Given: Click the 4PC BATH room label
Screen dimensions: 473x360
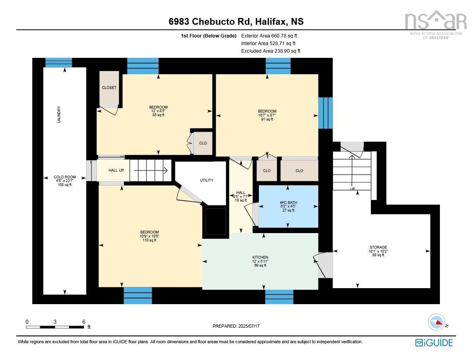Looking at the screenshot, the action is click(x=288, y=202).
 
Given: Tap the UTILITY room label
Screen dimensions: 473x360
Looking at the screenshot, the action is click(x=207, y=180).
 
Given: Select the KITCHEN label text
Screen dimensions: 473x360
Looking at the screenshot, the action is click(x=260, y=257).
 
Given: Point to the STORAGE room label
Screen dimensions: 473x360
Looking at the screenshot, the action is click(x=378, y=247).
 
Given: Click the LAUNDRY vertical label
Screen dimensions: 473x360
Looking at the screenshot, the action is click(x=59, y=115).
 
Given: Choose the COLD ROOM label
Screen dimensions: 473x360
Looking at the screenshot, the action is click(x=65, y=177).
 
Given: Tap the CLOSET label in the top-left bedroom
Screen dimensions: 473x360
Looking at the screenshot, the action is click(x=109, y=87).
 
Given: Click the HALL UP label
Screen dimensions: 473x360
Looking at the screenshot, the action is click(x=116, y=170).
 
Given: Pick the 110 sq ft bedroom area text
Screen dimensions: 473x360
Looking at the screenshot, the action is click(x=150, y=240).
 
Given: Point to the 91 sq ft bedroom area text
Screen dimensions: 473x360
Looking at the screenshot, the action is click(x=267, y=119).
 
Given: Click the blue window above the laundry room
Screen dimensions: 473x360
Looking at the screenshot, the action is click(x=59, y=63).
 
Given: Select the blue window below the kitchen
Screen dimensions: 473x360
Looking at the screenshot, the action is click(x=279, y=297).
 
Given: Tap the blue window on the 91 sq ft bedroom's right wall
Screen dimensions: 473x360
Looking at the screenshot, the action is click(x=325, y=113).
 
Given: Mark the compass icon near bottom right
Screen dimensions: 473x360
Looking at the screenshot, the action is click(x=436, y=322).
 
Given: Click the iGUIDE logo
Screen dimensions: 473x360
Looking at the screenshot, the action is click(x=434, y=343).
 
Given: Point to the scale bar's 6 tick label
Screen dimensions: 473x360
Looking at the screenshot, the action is click(x=84, y=322).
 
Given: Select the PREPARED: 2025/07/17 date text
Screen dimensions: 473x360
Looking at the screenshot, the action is click(x=236, y=326).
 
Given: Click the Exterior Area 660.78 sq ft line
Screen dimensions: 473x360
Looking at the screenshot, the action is click(x=269, y=36).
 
